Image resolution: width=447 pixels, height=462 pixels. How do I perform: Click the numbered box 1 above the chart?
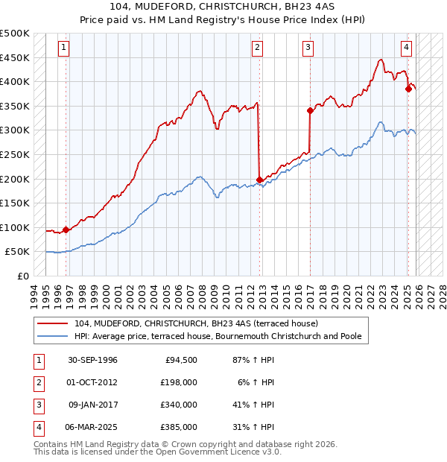coord(63,48)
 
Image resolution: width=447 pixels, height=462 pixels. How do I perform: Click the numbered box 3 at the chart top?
coord(308,48)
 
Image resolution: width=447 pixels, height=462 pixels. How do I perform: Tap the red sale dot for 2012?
coord(259,180)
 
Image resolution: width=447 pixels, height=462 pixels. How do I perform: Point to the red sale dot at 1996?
coord(66,230)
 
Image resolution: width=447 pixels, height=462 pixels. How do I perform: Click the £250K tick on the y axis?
coord(15,154)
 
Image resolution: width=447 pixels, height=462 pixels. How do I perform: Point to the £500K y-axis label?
coord(15,34)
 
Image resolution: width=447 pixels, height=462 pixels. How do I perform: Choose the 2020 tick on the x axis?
coord(346,294)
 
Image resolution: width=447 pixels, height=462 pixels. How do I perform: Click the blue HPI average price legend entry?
coord(217,337)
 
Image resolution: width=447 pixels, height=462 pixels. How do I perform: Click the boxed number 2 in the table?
coord(38,382)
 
